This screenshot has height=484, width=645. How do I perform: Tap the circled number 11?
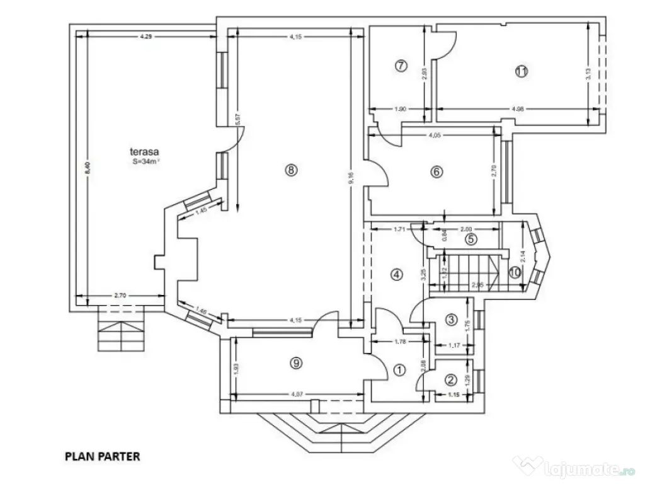click(520, 71)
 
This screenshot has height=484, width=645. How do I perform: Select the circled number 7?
click(400, 65)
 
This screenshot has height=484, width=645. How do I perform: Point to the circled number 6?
click(437, 171)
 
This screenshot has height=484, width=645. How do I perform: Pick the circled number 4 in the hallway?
click(396, 274)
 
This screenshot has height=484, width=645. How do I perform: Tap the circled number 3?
click(450, 320)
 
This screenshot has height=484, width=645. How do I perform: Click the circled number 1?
click(399, 371)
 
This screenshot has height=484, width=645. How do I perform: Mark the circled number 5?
click(469, 238)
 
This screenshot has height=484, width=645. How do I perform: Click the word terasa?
click(144, 151)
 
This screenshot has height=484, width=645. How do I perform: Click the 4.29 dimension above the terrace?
click(146, 37)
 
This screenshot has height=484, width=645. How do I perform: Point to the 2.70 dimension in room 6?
click(494, 170)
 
